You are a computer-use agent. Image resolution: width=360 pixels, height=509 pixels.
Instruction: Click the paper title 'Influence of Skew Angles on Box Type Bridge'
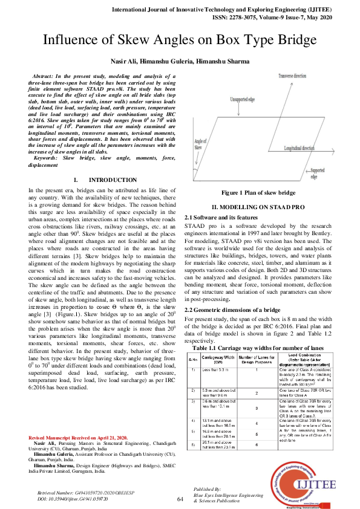180,41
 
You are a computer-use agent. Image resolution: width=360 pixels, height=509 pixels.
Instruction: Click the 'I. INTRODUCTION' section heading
104,180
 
